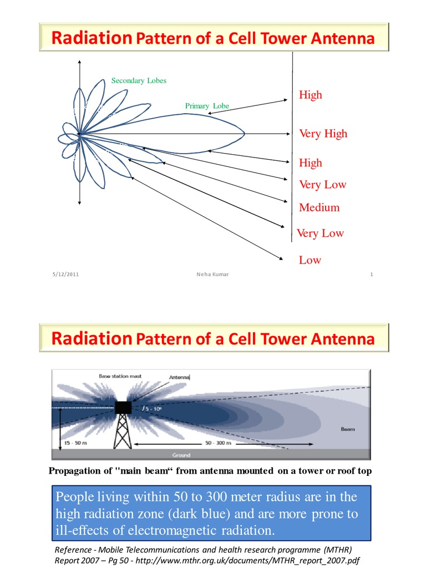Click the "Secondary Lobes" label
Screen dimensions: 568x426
point(139,80)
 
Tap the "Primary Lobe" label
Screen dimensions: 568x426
point(207,106)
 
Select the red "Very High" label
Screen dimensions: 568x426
point(323,134)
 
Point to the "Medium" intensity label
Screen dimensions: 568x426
point(319,208)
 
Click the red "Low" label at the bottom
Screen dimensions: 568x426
point(310,260)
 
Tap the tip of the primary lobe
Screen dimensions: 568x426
point(244,134)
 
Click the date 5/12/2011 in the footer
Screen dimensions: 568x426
point(66,274)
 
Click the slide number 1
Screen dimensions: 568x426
point(371,274)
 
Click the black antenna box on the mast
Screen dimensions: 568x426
point(123,408)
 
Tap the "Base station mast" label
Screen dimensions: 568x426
point(120,376)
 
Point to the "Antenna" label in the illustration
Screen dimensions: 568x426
point(179,377)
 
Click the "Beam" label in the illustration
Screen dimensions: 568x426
point(348,429)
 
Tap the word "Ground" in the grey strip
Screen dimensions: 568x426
point(181,455)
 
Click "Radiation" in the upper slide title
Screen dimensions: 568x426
point(92,38)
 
